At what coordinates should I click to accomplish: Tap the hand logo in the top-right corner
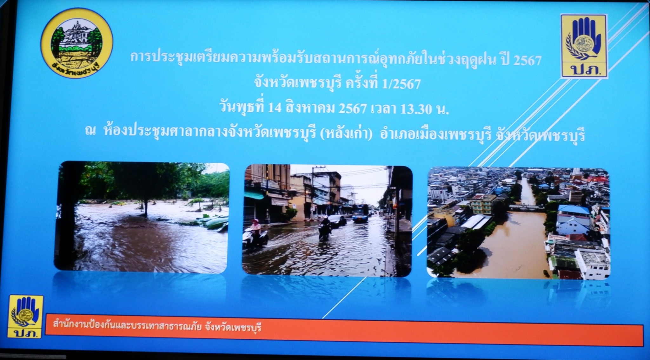[583, 46]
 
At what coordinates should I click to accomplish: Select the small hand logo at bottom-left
[25, 317]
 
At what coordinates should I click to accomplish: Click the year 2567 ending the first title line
[527, 60]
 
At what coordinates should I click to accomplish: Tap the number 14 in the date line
[275, 108]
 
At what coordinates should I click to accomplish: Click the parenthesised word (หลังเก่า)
[346, 133]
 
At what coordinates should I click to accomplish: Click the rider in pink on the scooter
[255, 229]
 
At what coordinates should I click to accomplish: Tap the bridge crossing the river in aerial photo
[527, 208]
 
